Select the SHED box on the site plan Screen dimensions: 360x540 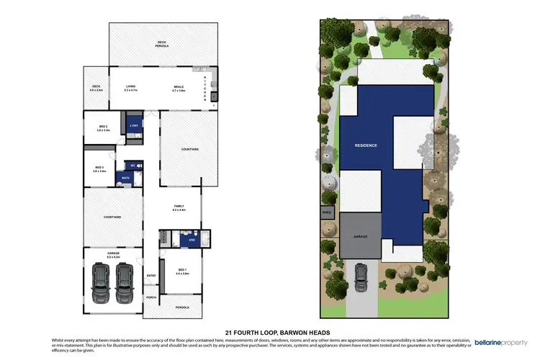point(328,212)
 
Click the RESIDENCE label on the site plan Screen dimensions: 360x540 point(365,145)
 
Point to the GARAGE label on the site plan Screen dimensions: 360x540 point(361,235)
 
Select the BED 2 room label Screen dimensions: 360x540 point(103,128)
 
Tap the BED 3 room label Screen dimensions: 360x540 point(99,169)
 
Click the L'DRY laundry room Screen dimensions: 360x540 point(133,126)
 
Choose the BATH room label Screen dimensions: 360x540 point(125,177)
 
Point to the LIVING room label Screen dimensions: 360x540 point(130,88)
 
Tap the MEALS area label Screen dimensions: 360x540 point(178,88)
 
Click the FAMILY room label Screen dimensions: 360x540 point(179,207)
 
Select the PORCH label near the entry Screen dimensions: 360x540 point(151,297)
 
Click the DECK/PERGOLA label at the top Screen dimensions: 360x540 point(162,44)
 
